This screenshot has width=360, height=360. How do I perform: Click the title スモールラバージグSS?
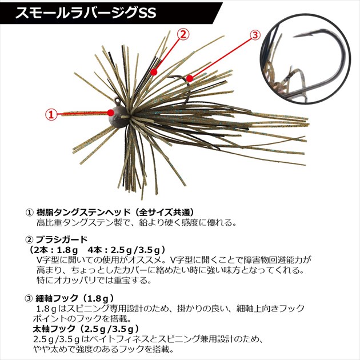tap(85, 13)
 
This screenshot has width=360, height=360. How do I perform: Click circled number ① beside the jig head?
tap(51, 114)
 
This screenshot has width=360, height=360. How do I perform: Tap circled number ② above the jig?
tap(183, 35)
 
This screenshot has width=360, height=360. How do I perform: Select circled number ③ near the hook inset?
tap(255, 35)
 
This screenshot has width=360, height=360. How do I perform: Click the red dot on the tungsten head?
tap(111, 113)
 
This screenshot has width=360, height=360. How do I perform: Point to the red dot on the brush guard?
tap(154, 72)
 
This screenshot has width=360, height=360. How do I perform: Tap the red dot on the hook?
tap(189, 78)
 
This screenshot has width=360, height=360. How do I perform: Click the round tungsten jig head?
tap(119, 118)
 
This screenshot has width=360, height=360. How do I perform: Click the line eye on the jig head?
tap(118, 101)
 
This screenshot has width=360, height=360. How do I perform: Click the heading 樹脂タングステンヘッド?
tap(83, 213)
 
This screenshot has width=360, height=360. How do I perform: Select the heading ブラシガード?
tap(62, 239)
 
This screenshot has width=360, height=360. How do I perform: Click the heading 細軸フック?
tap(57, 298)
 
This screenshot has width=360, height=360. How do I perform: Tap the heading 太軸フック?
tap(54, 329)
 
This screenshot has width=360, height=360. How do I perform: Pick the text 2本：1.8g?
tap(56, 250)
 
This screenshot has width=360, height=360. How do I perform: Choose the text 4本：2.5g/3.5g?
tap(122, 250)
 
